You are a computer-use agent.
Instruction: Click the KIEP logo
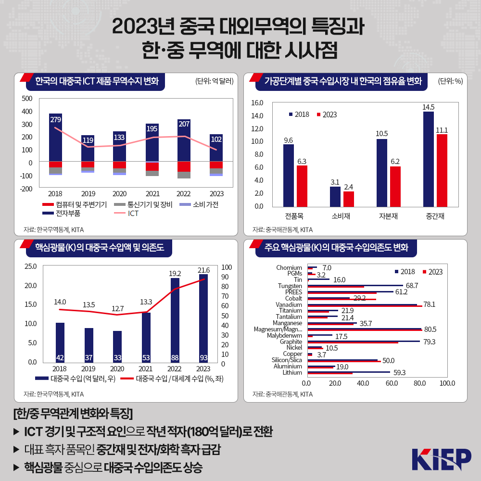coord(441,459)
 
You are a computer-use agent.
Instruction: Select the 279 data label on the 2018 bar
coord(55,119)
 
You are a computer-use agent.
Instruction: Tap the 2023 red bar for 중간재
coord(442,170)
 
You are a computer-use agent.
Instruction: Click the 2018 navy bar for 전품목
coord(289,175)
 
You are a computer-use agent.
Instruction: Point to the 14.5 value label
coord(429,107)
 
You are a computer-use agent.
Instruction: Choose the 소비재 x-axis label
coord(341,215)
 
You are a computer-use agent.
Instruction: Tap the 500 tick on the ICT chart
coord(27,99)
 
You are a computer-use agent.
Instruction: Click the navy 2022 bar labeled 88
coord(175,320)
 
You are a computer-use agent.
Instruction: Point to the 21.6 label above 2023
coord(203,270)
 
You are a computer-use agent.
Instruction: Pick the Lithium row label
coord(292,372)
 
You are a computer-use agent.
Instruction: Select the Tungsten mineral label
coord(290,286)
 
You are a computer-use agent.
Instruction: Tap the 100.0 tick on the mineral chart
coord(447,383)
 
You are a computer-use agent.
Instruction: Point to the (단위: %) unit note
coord(450,81)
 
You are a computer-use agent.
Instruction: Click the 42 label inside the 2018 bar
coord(60,357)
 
